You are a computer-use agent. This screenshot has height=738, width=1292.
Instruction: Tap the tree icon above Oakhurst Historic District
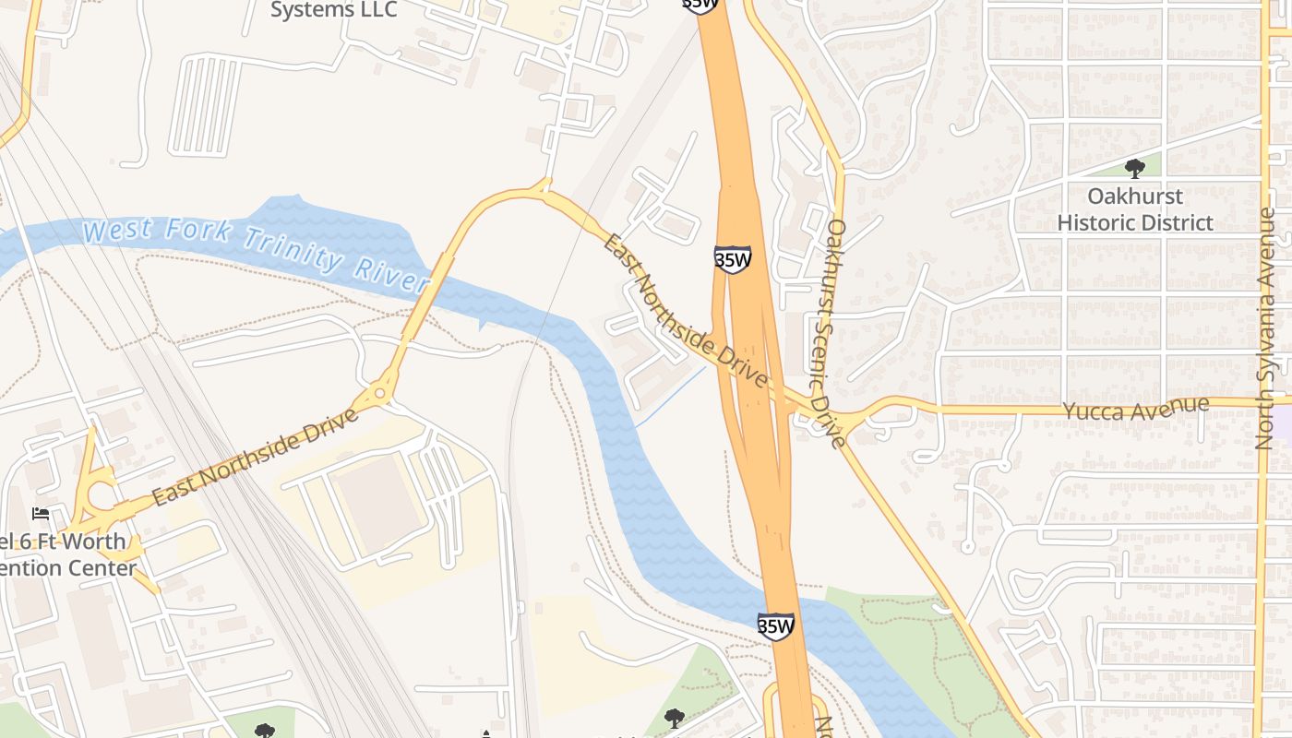coord(1135,168)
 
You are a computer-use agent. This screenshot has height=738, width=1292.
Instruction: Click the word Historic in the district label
coord(1097,223)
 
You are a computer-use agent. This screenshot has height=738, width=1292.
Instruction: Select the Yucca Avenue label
coord(1136,409)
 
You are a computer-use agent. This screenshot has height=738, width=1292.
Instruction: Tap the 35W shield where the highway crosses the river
coord(776,626)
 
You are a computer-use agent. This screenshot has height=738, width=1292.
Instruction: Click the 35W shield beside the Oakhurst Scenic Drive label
coord(733,260)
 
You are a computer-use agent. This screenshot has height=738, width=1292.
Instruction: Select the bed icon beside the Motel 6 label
coord(40,513)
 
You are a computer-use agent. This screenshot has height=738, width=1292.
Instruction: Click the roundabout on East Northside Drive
coord(380,395)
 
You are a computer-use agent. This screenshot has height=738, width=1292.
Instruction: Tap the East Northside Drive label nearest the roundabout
coord(255,457)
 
